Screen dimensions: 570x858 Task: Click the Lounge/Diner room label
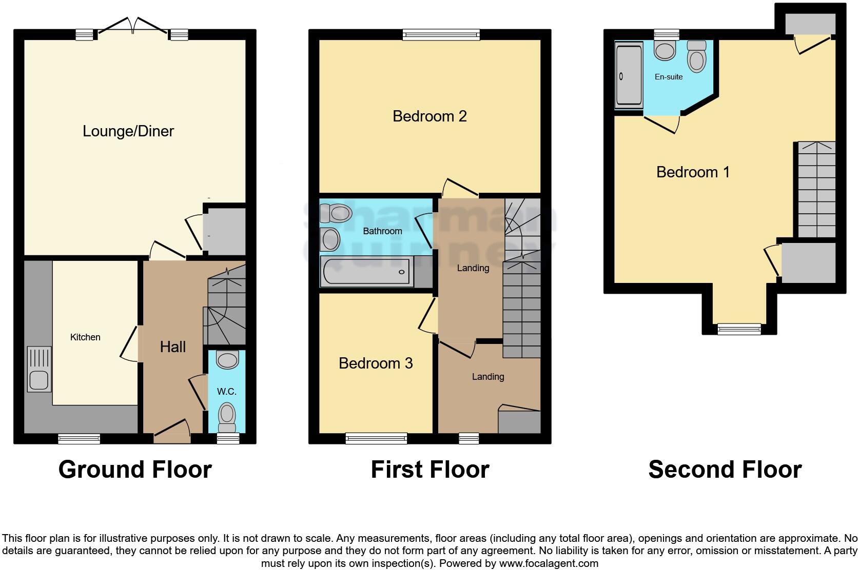[x=128, y=131]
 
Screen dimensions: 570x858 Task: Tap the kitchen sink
[x=39, y=380]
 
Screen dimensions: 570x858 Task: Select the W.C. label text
[x=226, y=392]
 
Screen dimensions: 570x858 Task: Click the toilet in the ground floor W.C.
[x=227, y=416]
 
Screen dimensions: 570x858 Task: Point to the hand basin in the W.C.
[x=228, y=360]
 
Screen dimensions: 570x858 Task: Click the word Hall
[x=172, y=347]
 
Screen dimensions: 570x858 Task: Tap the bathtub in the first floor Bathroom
[x=366, y=272]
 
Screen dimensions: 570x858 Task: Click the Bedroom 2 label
[x=430, y=116]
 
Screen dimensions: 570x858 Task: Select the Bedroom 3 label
[x=376, y=363]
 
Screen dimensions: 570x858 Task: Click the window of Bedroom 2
[x=441, y=34]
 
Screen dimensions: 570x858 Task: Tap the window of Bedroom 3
[x=376, y=438]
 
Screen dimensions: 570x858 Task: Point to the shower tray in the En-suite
[x=629, y=75]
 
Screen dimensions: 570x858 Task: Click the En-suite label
[x=669, y=77]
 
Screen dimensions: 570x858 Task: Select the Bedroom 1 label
[x=693, y=172]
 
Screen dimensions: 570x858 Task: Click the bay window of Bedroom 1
[x=739, y=329]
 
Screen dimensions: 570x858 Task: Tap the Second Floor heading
[x=725, y=470]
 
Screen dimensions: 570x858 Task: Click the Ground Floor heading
[x=135, y=470]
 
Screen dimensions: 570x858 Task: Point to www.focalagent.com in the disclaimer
[x=548, y=563]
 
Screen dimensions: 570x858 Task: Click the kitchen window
[x=79, y=438]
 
